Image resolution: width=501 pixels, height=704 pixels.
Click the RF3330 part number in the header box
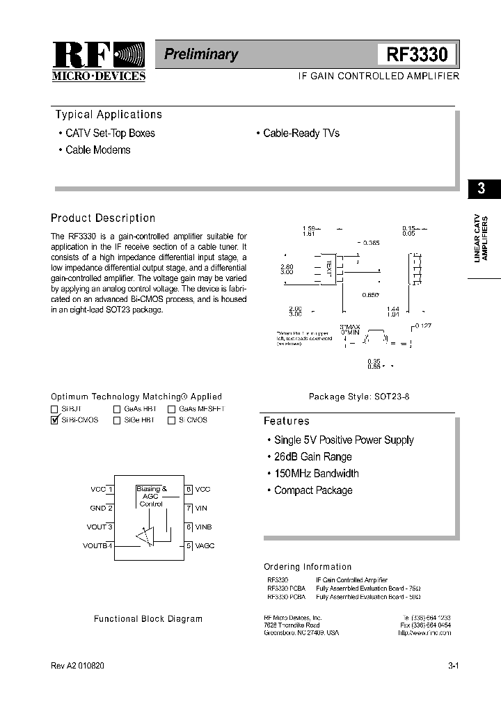tap(417, 54)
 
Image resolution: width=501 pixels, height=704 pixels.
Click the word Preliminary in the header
tap(201, 54)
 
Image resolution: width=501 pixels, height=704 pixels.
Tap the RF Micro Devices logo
tap(99, 61)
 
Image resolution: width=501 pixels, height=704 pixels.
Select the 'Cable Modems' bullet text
tap(97, 150)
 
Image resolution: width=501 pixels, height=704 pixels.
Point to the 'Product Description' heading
tap(103, 218)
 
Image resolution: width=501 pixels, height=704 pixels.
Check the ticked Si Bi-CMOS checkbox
tap(55, 420)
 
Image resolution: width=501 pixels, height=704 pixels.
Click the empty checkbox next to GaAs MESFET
tap(171, 409)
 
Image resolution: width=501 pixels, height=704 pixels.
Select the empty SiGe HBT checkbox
tap(117, 420)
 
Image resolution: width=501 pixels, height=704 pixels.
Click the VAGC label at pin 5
tap(205, 546)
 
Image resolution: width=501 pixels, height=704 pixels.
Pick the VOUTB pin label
tap(95, 546)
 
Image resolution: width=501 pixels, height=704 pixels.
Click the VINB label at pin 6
tap(203, 527)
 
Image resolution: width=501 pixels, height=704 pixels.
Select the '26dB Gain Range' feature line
tap(312, 457)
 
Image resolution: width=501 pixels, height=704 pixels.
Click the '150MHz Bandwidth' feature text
tap(316, 474)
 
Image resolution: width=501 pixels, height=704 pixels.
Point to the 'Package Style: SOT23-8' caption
tap(352, 397)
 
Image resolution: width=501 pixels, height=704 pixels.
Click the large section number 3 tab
tap(481, 189)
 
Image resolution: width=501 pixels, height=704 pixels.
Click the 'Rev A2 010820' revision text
tap(79, 666)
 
